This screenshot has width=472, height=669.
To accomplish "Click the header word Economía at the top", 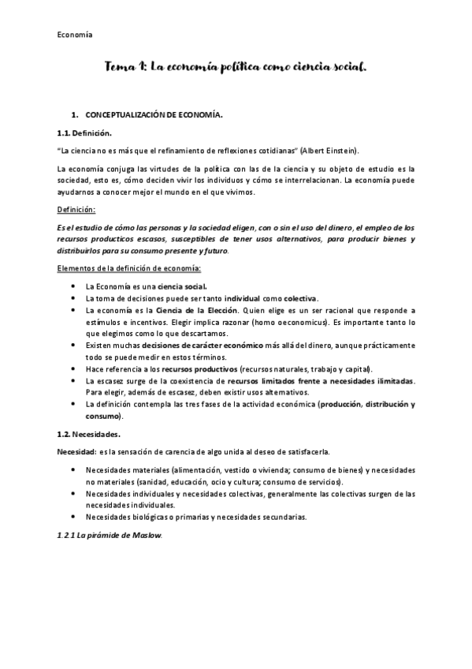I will pyautogui.click(x=76, y=34).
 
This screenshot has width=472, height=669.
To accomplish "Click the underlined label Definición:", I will pyautogui.click(x=76, y=210).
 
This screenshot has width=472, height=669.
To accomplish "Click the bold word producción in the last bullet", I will pyautogui.click(x=343, y=404).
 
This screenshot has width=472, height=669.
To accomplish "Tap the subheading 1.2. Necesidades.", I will pyautogui.click(x=88, y=434).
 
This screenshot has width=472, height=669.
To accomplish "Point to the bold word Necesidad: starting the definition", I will pyautogui.click(x=77, y=451).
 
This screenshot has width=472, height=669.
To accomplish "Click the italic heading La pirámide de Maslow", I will pyautogui.click(x=110, y=536).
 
